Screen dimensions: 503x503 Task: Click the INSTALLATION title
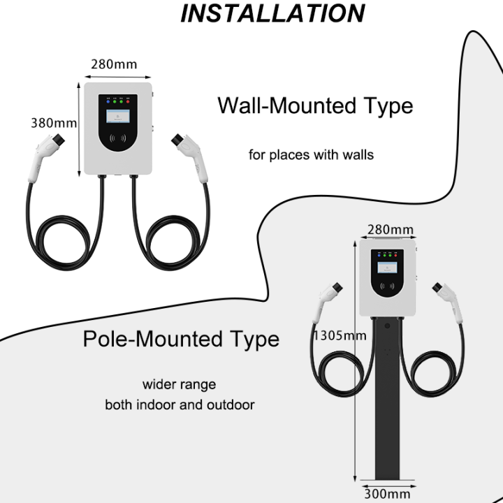[272, 14]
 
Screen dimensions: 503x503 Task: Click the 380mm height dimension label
[53, 124]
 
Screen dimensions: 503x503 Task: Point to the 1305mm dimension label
[340, 335]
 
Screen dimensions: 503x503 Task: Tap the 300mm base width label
[386, 494]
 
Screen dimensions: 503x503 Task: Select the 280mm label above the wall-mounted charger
[114, 65]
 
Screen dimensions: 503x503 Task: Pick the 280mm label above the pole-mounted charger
[391, 230]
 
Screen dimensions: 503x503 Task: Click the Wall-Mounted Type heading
[315, 106]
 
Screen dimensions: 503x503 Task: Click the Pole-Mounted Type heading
[181, 340]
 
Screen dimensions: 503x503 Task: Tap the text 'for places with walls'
[311, 154]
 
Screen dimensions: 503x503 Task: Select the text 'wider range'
[180, 384]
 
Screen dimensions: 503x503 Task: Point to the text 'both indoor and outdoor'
[180, 404]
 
